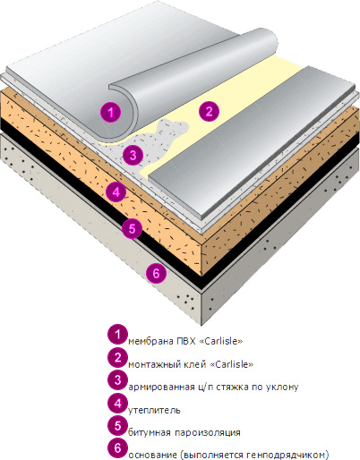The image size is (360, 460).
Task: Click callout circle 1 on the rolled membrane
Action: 111,112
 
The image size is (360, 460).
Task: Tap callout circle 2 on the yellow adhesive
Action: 209,111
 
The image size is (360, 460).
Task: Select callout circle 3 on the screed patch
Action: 133,155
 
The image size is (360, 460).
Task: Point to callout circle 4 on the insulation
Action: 116,192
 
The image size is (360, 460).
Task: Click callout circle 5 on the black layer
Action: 133,228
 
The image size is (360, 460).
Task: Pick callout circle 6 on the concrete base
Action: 157,273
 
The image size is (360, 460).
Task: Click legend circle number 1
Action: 118,335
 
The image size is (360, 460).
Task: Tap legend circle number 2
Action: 118,357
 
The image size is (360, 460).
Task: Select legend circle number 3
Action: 118,380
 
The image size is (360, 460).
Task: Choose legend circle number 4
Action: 118,404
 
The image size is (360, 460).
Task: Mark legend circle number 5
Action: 118,426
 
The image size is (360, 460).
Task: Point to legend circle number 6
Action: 118,448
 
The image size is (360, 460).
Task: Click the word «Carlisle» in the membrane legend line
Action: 220,341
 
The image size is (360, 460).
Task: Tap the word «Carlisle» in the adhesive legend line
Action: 232,364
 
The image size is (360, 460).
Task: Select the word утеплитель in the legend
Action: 154,410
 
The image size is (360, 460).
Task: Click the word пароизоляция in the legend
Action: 208,432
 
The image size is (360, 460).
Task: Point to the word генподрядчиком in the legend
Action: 287,456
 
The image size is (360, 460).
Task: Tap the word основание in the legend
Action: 152,456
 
